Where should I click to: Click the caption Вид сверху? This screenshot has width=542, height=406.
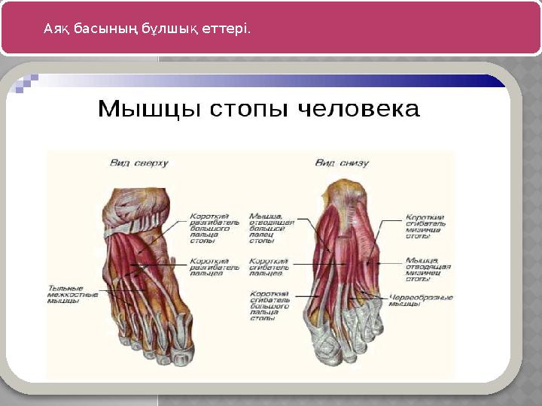140,162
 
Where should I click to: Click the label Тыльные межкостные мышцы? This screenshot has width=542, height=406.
73,294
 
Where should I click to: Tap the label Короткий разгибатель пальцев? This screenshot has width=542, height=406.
215,268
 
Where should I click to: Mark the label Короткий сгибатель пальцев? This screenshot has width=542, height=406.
269,268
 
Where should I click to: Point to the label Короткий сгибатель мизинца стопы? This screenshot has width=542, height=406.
425,226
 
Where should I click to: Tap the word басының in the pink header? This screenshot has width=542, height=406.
101,29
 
